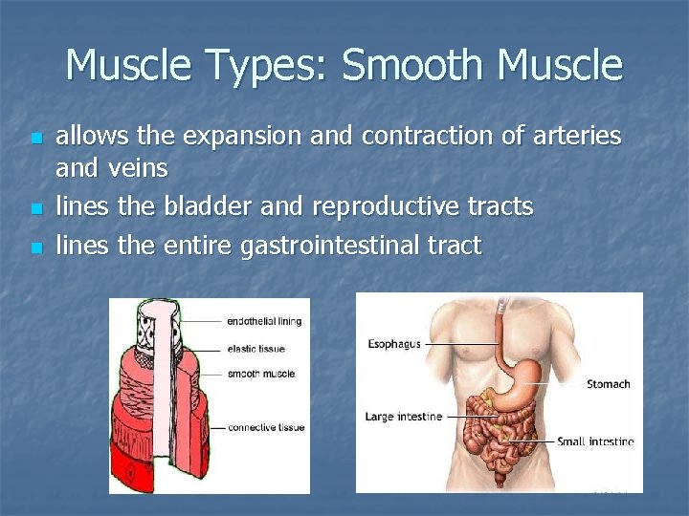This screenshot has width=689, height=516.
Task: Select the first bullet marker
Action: (x=36, y=140)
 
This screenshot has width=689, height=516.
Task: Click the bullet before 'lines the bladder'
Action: (x=36, y=207)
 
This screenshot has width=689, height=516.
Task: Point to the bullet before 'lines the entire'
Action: (x=36, y=247)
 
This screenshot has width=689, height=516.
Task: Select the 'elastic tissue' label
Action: (x=254, y=348)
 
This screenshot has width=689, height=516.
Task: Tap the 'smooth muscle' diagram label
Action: (x=260, y=374)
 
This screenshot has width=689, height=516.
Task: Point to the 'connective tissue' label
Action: (x=265, y=427)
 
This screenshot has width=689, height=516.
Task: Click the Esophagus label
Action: (x=393, y=344)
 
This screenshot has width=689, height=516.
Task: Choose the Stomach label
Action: (x=608, y=384)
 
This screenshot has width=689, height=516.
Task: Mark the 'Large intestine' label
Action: (x=403, y=417)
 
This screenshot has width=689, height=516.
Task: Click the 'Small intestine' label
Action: (x=596, y=441)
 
